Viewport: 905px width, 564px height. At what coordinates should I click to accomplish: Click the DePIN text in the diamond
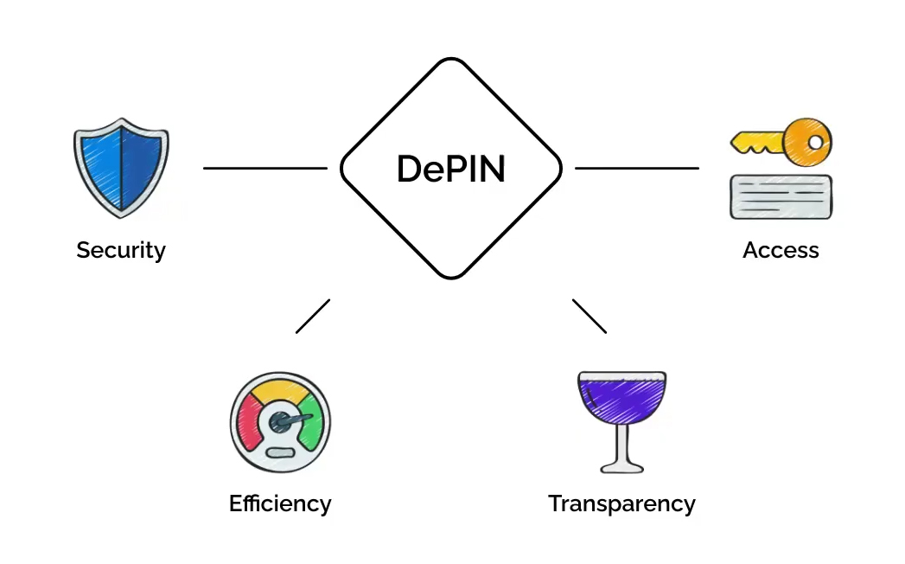[450, 169]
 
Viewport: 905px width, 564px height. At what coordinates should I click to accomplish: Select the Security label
[121, 251]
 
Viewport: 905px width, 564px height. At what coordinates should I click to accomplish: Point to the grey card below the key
[781, 197]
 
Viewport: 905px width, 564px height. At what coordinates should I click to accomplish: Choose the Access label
[781, 251]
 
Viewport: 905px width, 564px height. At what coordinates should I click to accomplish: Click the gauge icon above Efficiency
[280, 422]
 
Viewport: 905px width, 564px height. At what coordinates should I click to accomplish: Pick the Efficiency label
[280, 503]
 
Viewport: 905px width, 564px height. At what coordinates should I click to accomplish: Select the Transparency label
[621, 503]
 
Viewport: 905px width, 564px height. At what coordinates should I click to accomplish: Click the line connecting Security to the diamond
[264, 169]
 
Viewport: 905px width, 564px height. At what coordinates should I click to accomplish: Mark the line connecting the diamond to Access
[637, 169]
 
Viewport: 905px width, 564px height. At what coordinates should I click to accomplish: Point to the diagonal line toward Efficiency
[313, 316]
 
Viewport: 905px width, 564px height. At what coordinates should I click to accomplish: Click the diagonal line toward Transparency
[589, 316]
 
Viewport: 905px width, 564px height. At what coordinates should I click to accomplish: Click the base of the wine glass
[621, 466]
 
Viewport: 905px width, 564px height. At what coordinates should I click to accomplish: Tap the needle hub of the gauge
[279, 422]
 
